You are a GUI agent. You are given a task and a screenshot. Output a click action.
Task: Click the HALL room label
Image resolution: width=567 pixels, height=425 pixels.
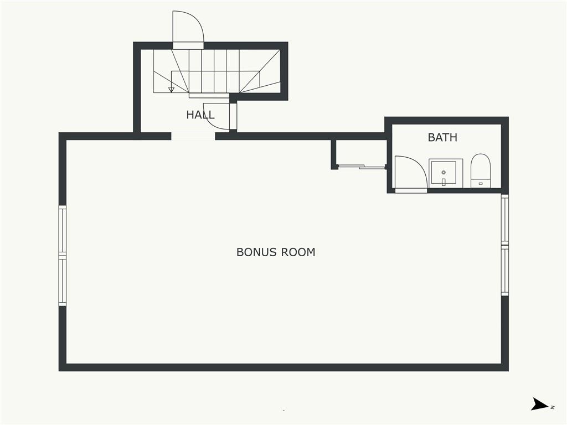pyautogui.click(x=200, y=115)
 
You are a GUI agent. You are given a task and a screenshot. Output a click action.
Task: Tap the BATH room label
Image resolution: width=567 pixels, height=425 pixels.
pyautogui.click(x=442, y=137)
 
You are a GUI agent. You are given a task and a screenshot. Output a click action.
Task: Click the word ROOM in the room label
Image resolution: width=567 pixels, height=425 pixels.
pyautogui.click(x=298, y=252)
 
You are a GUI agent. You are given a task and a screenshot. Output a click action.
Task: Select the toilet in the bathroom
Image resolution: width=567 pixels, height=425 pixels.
pyautogui.click(x=481, y=170)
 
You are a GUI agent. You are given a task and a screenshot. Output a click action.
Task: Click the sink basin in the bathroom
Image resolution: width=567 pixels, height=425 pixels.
pyautogui.click(x=444, y=173)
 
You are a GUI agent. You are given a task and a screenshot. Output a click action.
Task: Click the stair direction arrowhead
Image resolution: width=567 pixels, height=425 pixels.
pyautogui.click(x=172, y=89)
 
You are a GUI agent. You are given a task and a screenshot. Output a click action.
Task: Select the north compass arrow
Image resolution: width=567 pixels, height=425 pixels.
pyautogui.click(x=539, y=404)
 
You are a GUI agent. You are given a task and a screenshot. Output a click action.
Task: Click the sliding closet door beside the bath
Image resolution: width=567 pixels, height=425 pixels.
pyautogui.click(x=362, y=167)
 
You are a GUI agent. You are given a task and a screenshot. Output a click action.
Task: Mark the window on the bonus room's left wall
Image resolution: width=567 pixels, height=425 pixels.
pyautogui.click(x=63, y=256)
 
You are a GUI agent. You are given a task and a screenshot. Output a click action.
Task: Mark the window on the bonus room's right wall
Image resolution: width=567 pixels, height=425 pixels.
pyautogui.click(x=505, y=245)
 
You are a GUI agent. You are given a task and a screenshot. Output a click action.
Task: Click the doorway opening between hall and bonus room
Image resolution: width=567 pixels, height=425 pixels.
pyautogui.click(x=193, y=136)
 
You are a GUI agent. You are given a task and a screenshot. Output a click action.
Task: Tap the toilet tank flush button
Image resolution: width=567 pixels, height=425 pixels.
pyautogui.click(x=481, y=184)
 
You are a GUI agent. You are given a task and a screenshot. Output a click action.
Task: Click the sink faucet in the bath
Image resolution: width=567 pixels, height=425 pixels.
pyautogui.click(x=444, y=182)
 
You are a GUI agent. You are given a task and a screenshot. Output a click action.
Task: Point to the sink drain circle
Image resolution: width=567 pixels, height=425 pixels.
pyautogui.click(x=444, y=173)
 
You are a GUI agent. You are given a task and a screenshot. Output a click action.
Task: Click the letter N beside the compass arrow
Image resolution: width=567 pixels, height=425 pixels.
pyautogui.click(x=553, y=407)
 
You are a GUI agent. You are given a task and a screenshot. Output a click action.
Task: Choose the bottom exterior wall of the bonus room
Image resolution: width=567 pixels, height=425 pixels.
pyautogui.click(x=283, y=367)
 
